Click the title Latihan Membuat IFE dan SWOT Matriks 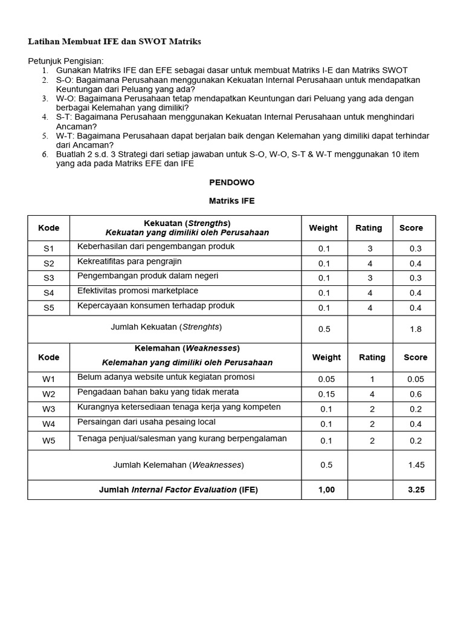point(115,42)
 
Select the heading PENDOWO point(231,182)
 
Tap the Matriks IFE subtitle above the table point(231,201)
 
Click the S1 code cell point(48,248)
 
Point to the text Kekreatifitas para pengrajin point(129,262)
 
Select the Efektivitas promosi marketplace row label point(138,291)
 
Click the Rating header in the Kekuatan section point(369,228)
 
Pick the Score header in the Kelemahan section point(415,357)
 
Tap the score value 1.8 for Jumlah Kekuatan point(415,329)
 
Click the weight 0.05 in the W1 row point(326,380)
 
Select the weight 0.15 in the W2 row point(326,394)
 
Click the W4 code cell point(48,424)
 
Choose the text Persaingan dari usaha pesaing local point(146,422)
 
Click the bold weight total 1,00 point(326,490)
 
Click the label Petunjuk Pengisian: point(66,61)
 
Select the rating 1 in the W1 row point(372,380)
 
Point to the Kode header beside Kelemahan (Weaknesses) point(48,357)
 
